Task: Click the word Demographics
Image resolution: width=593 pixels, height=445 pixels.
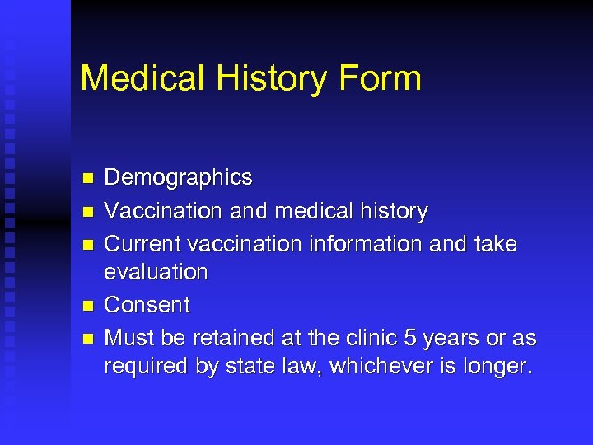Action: pos(178,177)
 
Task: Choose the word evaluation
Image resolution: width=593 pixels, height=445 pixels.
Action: pos(156,271)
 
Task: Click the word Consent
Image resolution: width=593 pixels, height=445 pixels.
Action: pos(147,305)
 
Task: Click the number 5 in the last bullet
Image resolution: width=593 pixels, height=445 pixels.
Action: pos(411,338)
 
